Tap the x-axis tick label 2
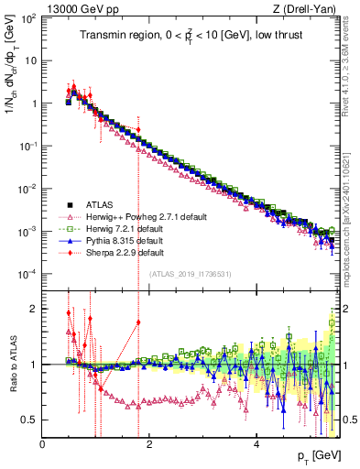coord(149,445)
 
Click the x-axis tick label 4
coord(256,445)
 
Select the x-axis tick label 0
coord(42,445)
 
